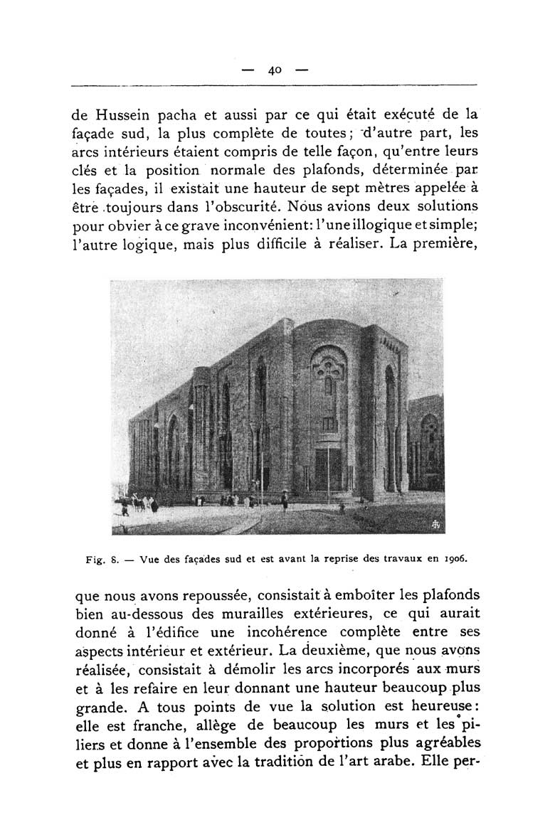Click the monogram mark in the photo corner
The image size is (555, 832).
(436, 524)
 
